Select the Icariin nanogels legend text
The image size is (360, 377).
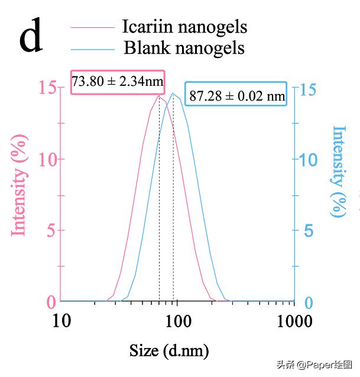(184, 27)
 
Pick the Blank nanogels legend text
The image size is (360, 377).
(184, 47)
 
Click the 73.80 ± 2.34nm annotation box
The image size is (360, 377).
(118, 82)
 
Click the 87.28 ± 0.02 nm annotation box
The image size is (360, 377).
(236, 95)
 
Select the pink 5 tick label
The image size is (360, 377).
(51, 230)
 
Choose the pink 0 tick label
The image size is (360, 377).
(51, 302)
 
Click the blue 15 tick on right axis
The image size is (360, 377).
(307, 89)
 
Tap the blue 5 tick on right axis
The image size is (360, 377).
(308, 231)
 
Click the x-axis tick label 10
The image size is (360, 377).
(61, 322)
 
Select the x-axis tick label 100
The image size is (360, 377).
(178, 322)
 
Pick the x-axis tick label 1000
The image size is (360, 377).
(294, 322)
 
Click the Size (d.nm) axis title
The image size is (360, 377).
(169, 351)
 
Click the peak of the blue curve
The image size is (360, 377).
(173, 93)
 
